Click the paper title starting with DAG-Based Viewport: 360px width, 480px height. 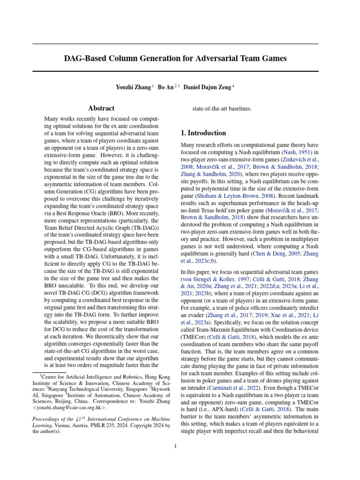point(175,59)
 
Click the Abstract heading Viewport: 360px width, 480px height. point(102,109)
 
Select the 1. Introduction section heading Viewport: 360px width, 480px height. point(203,133)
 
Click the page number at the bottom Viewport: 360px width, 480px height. point(175,446)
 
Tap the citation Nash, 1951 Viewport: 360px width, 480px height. point(296,153)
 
